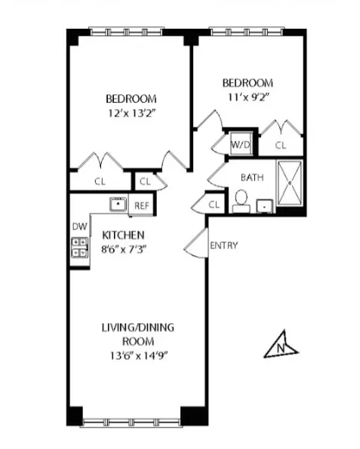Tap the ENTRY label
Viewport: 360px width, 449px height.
click(223, 245)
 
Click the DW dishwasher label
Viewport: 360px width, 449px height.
click(78, 226)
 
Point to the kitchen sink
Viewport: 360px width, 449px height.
click(118, 205)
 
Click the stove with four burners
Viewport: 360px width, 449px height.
click(78, 248)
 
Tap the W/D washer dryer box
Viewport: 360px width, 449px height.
click(240, 144)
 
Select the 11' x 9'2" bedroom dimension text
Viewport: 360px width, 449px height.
click(247, 97)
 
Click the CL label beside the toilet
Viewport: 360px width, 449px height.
click(214, 205)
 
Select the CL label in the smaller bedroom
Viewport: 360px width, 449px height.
click(281, 146)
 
